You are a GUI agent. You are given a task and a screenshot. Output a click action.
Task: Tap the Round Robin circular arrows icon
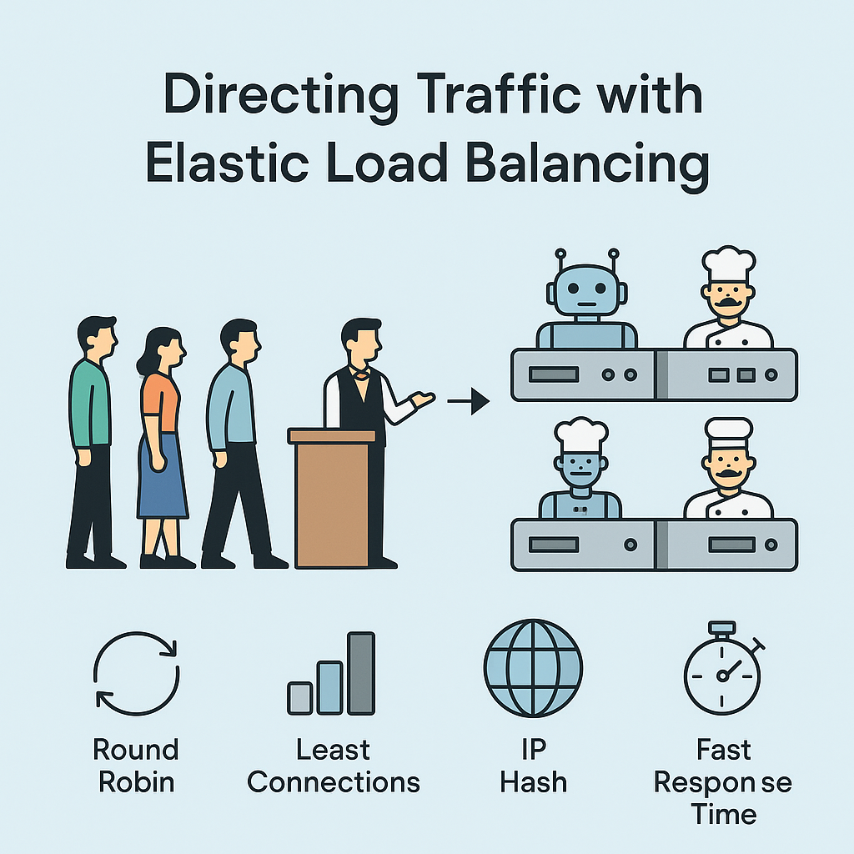click(137, 674)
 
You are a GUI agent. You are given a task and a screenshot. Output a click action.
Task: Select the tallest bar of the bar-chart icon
click(361, 673)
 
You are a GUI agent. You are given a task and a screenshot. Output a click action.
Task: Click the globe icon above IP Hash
click(533, 669)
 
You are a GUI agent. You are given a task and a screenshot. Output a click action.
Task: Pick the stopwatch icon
click(722, 672)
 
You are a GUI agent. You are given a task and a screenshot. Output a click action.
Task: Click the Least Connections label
click(334, 766)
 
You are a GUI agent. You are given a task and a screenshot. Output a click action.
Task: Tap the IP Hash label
click(533, 766)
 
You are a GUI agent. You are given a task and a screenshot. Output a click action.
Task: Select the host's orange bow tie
click(360, 374)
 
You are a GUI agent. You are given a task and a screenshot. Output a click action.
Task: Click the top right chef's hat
click(728, 264)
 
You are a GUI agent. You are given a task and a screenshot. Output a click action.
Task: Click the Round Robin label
click(137, 766)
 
